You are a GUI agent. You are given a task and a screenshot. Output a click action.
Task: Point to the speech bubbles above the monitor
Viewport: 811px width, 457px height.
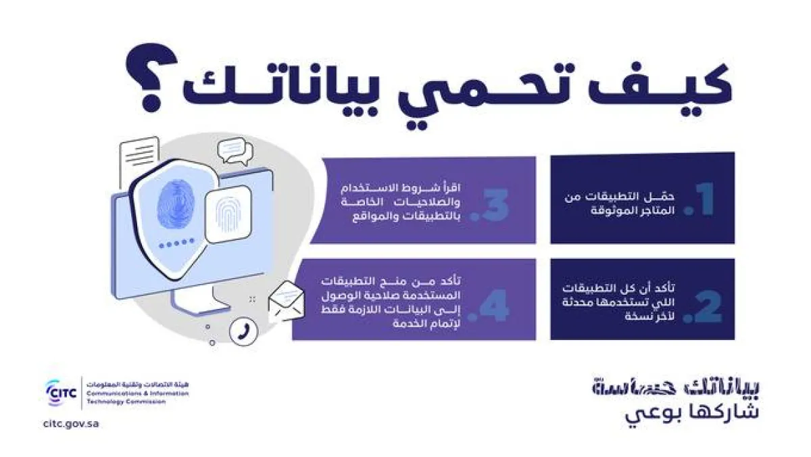tap(231, 153)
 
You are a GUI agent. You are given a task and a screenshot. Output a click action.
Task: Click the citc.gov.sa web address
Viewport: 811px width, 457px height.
tap(70, 424)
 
